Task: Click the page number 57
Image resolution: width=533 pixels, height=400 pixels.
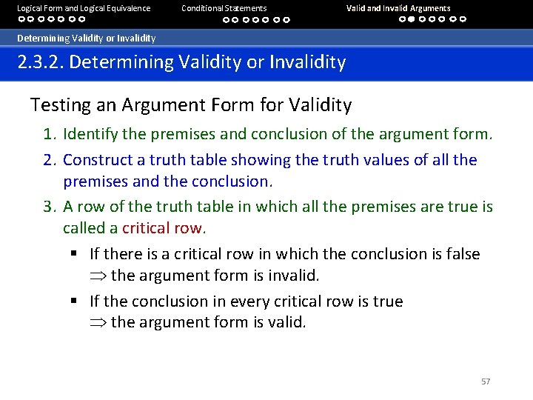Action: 486,381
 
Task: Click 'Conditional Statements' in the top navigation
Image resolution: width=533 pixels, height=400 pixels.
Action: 224,8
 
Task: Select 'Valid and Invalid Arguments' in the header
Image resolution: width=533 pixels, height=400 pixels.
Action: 398,8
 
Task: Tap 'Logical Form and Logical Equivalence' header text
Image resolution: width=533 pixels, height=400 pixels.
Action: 84,8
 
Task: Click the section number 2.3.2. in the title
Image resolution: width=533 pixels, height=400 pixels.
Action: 41,61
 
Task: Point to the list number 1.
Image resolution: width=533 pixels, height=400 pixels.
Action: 49,134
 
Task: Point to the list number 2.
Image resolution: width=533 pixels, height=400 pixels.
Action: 49,160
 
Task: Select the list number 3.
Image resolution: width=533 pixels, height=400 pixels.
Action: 49,207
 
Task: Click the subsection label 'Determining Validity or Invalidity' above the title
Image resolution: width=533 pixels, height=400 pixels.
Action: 87,38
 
